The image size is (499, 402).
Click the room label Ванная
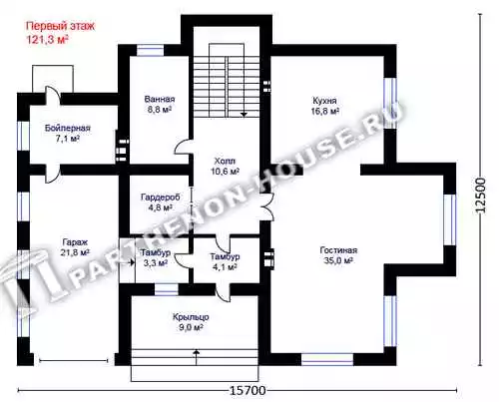(160, 99)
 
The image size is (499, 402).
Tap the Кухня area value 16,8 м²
(325, 111)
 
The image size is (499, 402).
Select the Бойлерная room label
(68, 128)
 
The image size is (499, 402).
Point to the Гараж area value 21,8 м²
(75, 252)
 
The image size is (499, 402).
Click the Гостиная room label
(338, 250)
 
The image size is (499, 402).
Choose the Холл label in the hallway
(225, 162)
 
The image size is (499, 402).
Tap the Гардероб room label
(160, 198)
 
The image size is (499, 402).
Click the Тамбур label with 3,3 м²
(156, 252)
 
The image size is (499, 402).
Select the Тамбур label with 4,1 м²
(225, 256)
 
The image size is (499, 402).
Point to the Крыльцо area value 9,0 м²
(191, 328)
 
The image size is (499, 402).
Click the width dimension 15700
(248, 390)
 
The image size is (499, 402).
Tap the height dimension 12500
(481, 196)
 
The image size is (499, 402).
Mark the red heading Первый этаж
(60, 26)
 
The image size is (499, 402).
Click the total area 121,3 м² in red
(47, 40)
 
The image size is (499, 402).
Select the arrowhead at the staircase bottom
(245, 114)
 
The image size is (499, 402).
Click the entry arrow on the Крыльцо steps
(197, 357)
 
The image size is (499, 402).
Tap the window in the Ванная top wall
(151, 51)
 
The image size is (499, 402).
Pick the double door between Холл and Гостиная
(268, 206)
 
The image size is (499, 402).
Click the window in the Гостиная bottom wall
(327, 359)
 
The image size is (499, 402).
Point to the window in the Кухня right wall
(390, 103)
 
